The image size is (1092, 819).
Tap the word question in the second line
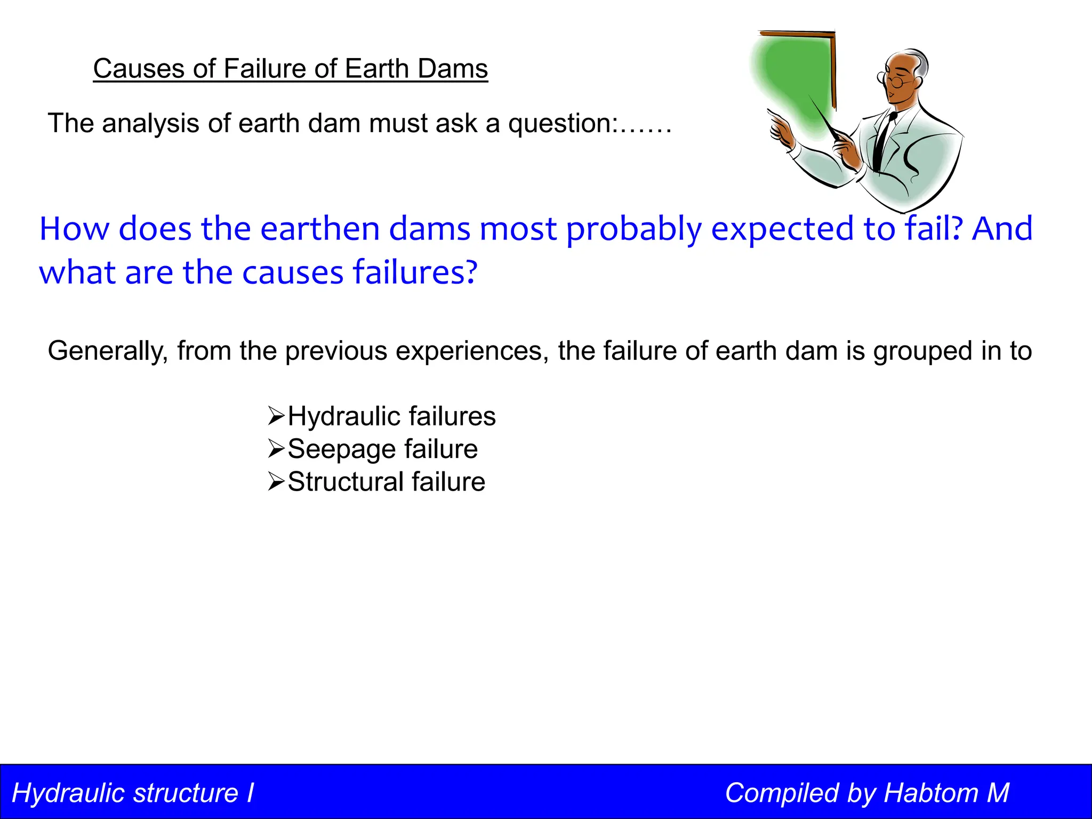561,124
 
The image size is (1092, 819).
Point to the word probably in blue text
634,230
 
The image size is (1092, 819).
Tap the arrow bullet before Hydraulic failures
276,416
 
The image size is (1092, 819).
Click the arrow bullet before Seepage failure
276,449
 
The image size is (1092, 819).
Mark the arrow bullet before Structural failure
276,481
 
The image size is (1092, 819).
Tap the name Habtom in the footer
930,793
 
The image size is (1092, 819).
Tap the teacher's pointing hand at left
782,131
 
